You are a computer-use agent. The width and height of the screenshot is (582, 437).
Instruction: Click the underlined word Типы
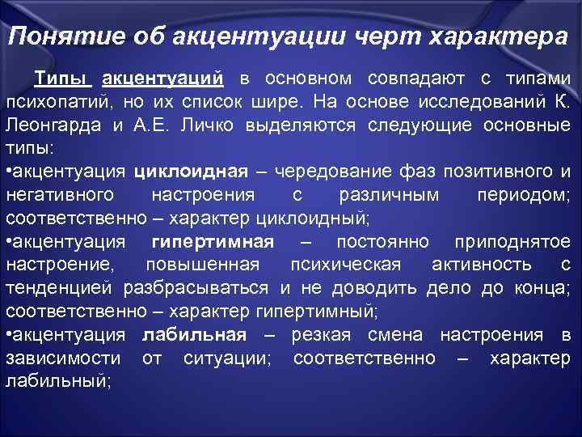click(63, 79)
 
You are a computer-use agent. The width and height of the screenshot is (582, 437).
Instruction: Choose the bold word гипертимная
click(213, 242)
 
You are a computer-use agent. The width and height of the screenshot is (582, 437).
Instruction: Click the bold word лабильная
click(194, 335)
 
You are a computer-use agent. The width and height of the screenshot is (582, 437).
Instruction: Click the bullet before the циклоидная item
click(9, 172)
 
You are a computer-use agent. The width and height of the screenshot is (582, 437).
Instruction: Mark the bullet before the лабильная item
click(9, 335)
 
